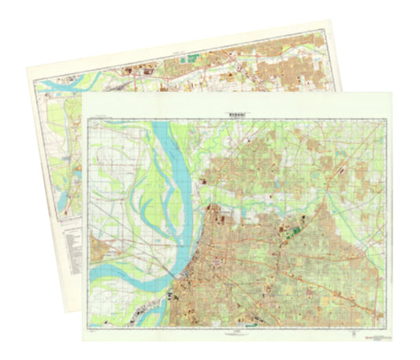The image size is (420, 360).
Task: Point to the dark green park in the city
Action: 296,230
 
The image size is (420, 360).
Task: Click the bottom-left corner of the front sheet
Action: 82,342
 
